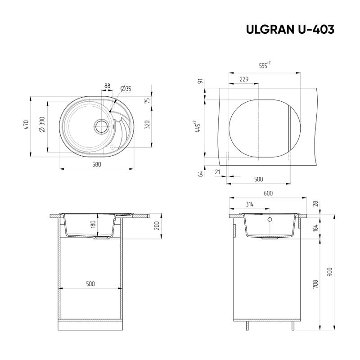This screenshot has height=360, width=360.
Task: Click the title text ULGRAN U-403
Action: pyautogui.click(x=290, y=30)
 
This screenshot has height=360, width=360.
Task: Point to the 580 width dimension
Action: pyautogui.click(x=96, y=165)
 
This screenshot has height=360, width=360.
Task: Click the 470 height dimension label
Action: pyautogui.click(x=26, y=126)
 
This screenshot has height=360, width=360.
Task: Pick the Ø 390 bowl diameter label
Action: pyautogui.click(x=42, y=124)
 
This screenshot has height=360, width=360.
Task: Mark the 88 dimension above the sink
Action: pyautogui.click(x=108, y=85)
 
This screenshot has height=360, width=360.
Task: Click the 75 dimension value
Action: pyautogui.click(x=147, y=101)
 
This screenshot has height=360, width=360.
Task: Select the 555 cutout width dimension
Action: pyautogui.click(x=265, y=66)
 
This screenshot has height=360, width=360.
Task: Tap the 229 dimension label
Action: pyautogui.click(x=244, y=79)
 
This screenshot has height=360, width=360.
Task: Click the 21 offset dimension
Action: pyautogui.click(x=218, y=172)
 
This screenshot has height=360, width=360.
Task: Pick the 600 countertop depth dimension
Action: pyautogui.click(x=268, y=193)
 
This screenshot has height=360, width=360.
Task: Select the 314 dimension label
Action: pyautogui.click(x=250, y=204)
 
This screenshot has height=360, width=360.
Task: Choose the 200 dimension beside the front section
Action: pyautogui.click(x=157, y=226)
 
